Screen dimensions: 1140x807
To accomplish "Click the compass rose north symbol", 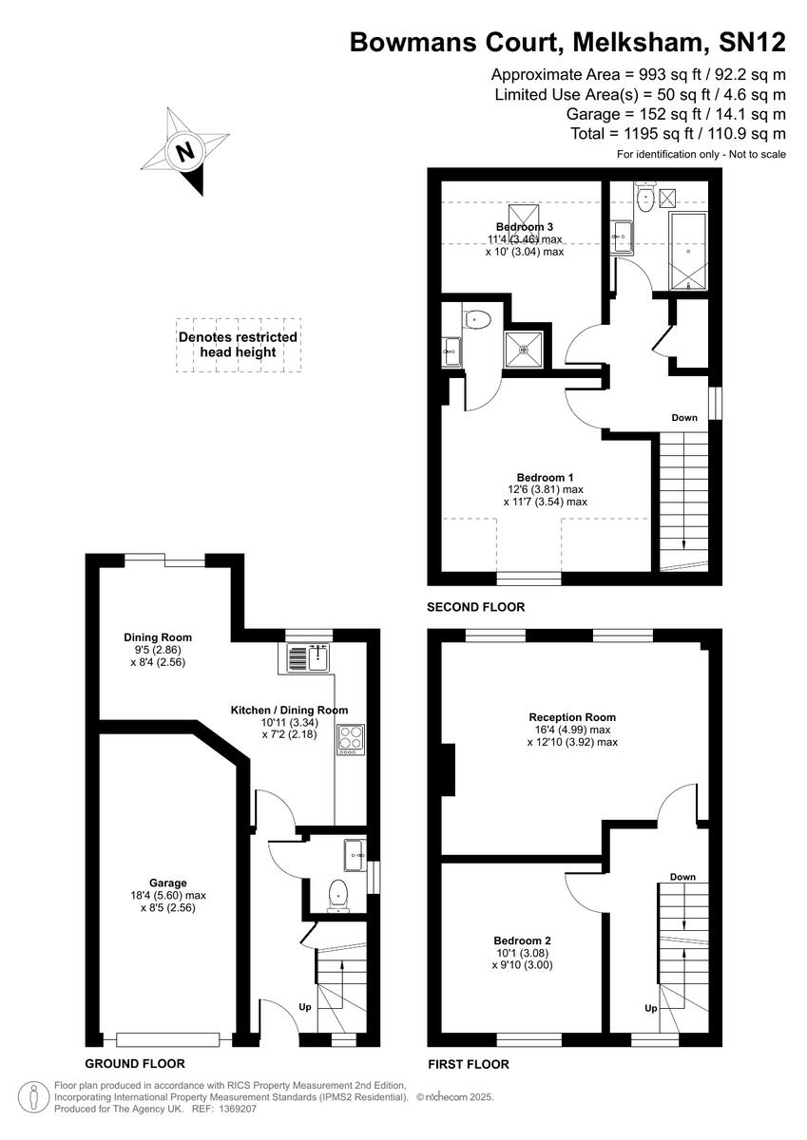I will click(185, 151).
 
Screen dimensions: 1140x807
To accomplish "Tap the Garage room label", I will click(167, 883).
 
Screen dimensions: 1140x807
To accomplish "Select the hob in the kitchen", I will click(349, 740).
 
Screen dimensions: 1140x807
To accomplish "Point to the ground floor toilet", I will click(337, 895).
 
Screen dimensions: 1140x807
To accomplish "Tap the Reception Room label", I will click(572, 717).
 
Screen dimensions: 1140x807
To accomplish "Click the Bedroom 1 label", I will click(545, 477).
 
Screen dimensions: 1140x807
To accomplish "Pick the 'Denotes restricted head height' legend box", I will click(238, 344).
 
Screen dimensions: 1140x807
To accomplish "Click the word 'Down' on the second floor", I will click(684, 417).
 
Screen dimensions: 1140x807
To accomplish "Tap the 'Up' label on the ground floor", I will click(305, 1006).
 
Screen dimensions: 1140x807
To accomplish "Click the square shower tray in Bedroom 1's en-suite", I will click(526, 348).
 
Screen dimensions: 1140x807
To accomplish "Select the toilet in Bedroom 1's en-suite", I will click(476, 319).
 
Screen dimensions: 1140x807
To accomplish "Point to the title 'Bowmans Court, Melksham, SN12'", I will click(567, 42).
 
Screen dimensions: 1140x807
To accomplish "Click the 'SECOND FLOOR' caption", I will click(475, 606).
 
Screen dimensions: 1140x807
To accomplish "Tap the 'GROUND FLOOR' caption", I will click(135, 1063).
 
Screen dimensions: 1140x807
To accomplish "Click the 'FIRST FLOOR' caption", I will click(469, 1064).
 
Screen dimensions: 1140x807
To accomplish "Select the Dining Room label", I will click(158, 637).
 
